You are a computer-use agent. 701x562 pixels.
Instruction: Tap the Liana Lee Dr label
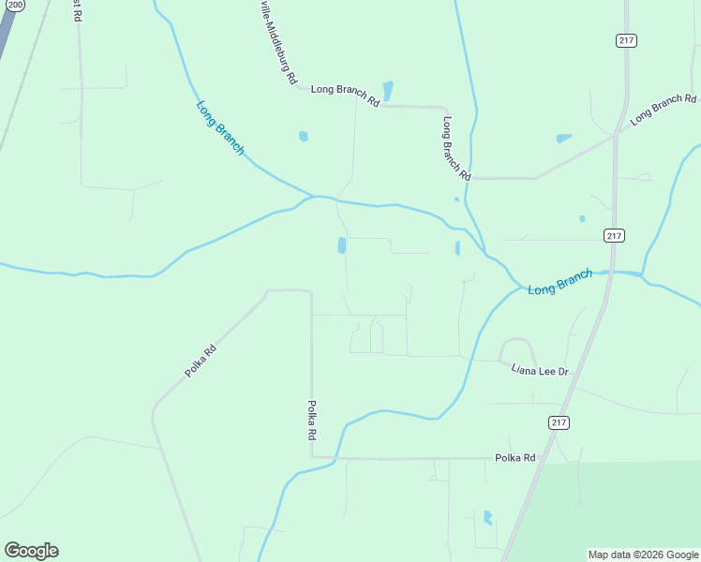(x=540, y=371)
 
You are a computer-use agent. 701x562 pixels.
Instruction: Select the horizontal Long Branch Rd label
(x=345, y=95)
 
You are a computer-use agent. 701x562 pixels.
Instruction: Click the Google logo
(x=31, y=551)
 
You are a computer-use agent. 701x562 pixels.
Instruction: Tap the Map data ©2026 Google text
(x=643, y=555)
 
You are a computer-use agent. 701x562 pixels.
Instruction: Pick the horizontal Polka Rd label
(x=515, y=458)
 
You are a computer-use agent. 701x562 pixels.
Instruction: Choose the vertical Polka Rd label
(x=312, y=421)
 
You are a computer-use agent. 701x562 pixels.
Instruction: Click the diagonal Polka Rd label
(x=201, y=361)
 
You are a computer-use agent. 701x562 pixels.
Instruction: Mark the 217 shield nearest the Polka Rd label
(x=559, y=423)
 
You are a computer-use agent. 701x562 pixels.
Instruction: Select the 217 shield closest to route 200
(x=627, y=40)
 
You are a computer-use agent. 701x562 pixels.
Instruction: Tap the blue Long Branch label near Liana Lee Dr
(x=559, y=282)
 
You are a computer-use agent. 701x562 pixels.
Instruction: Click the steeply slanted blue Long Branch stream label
(x=220, y=126)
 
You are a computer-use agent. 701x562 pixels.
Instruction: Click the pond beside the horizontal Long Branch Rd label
(x=388, y=91)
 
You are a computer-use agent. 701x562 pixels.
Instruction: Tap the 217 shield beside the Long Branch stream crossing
(x=614, y=235)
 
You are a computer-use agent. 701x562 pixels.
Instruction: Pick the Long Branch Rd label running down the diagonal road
(x=456, y=148)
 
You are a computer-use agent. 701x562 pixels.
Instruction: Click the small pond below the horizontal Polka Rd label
(x=487, y=517)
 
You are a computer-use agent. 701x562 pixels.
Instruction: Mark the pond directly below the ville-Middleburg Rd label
(x=303, y=136)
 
